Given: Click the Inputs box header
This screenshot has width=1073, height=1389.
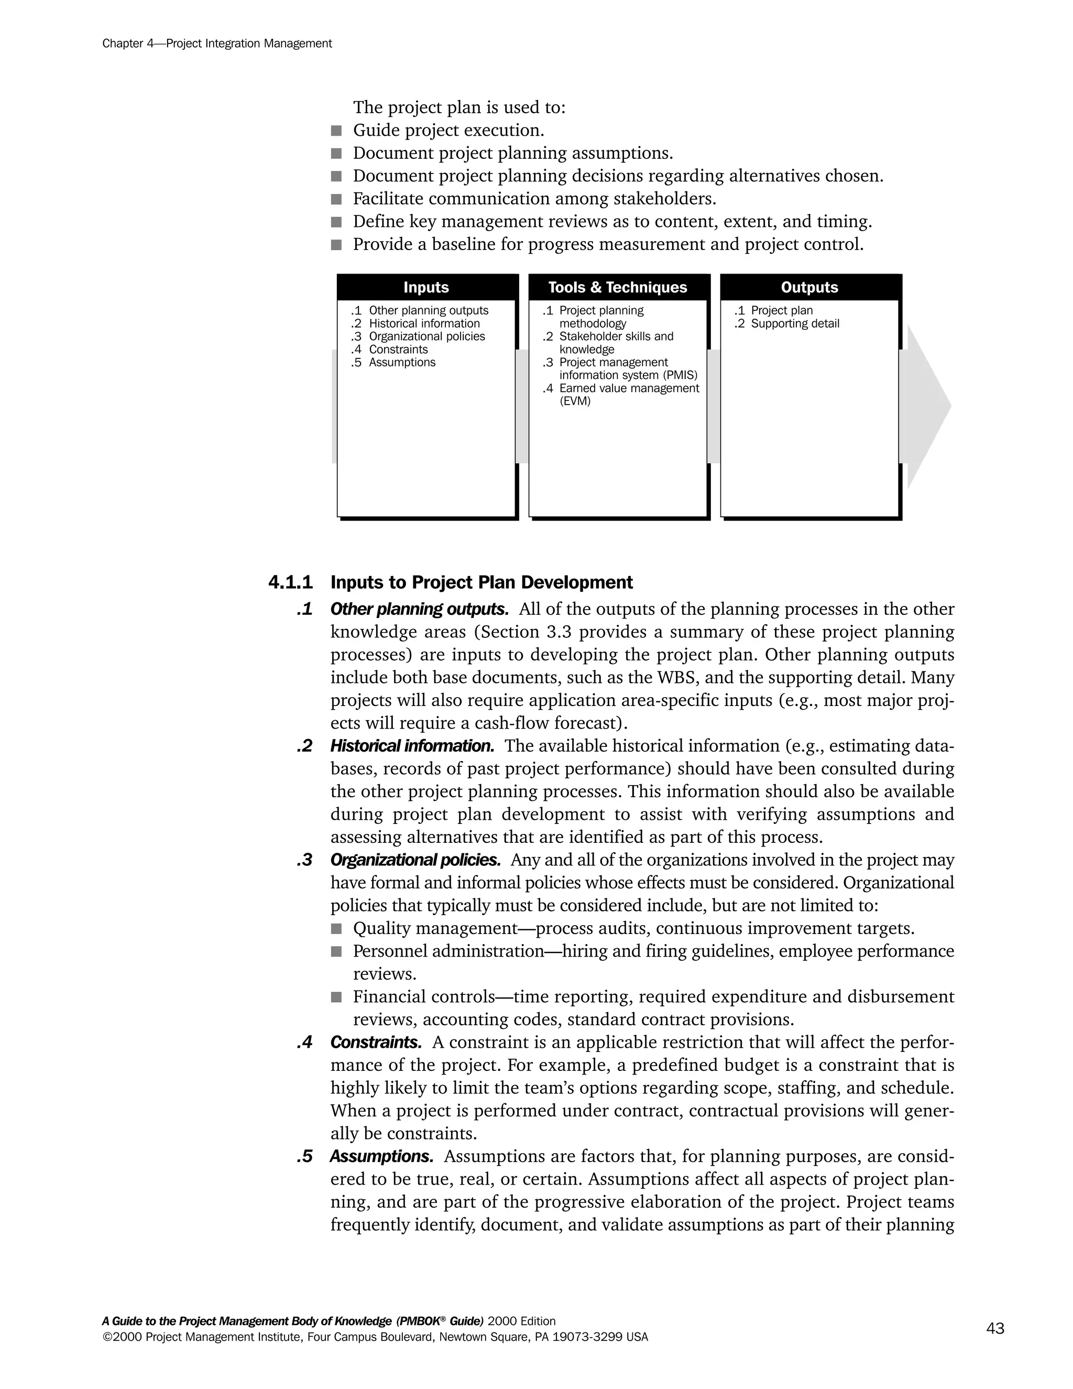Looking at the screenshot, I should coord(426,287).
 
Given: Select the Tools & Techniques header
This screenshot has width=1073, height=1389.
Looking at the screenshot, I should coord(617,287).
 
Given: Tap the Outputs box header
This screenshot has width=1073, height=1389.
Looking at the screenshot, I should coord(809,287).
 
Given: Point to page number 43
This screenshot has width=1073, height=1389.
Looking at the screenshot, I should coord(995,1328).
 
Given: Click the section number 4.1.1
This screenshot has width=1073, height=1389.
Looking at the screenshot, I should coord(290,582).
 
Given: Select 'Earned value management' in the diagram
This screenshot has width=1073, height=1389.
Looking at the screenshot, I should coord(629,388).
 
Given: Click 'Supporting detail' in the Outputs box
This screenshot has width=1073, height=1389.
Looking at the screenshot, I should coord(795,324).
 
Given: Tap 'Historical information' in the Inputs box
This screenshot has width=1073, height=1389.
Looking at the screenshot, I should coord(424,324).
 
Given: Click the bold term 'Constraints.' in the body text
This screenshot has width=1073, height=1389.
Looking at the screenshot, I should coord(376,1043).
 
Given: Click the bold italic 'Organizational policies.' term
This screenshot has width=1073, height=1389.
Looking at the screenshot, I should coord(415,860).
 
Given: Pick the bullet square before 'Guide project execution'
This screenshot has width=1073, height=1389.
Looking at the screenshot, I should coord(336,131).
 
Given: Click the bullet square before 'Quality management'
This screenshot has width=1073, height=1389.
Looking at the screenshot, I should coord(336,929).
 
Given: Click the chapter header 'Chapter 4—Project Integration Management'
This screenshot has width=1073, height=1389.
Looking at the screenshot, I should coord(217,44).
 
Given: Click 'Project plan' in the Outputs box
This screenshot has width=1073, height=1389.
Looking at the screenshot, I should coord(781,310).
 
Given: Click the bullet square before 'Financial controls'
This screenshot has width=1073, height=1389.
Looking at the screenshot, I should coord(336,997).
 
